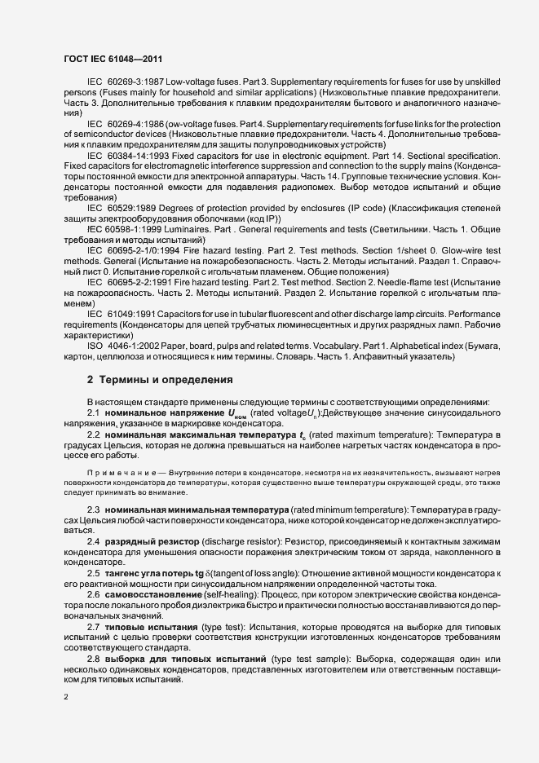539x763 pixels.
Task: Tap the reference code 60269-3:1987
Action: tap(136, 83)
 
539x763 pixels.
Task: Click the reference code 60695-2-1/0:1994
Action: tap(142, 251)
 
